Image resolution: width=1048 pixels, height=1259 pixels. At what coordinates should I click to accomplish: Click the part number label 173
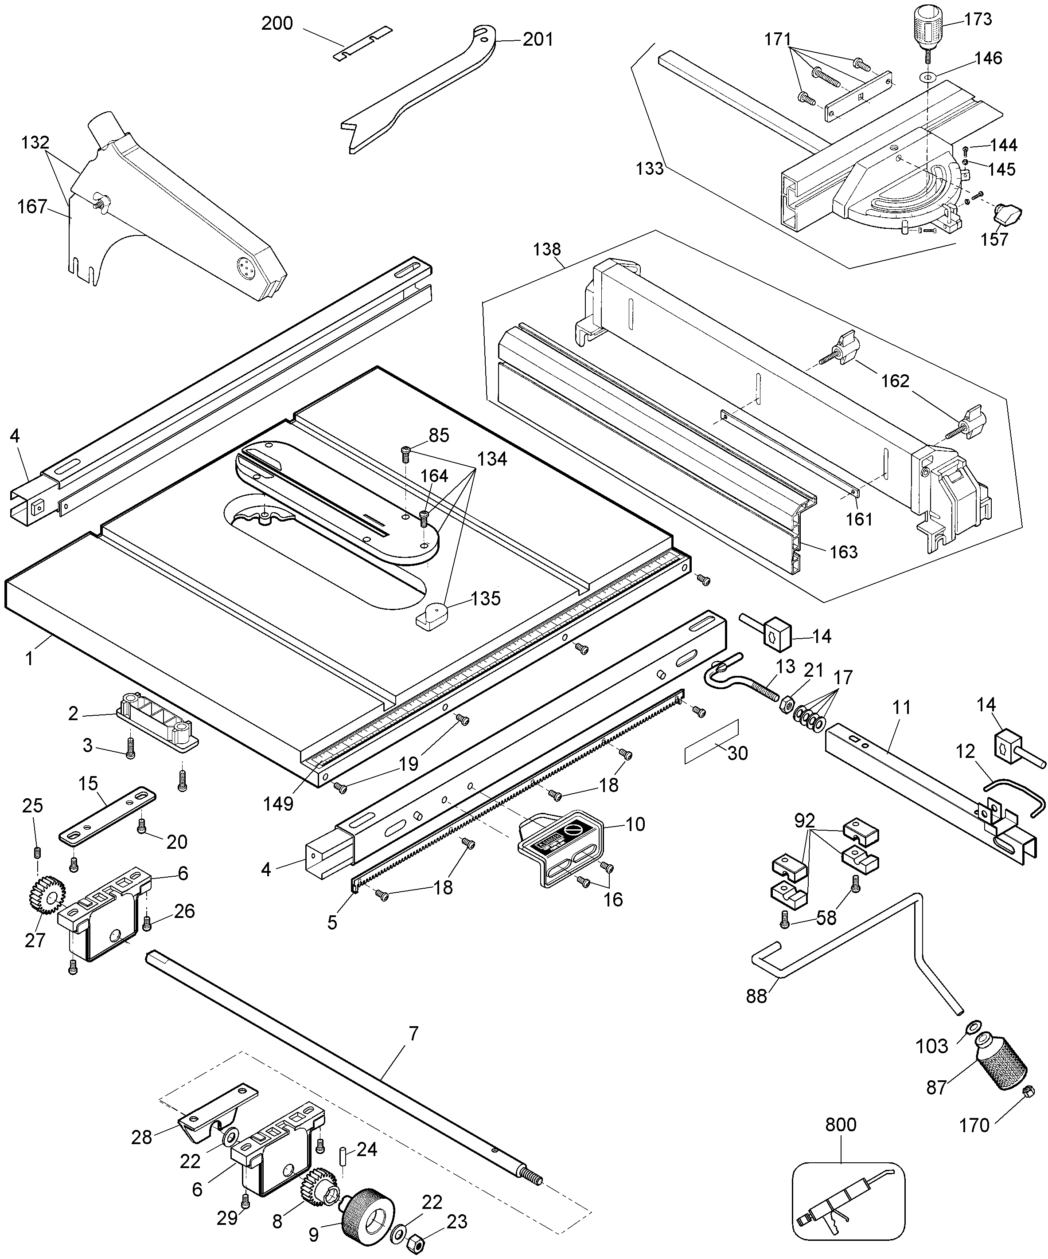(978, 19)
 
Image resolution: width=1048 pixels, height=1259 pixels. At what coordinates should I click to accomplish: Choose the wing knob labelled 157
(1009, 213)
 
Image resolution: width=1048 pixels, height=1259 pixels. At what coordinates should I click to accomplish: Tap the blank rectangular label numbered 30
(711, 743)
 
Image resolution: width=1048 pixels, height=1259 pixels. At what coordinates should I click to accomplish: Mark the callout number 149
(278, 804)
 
